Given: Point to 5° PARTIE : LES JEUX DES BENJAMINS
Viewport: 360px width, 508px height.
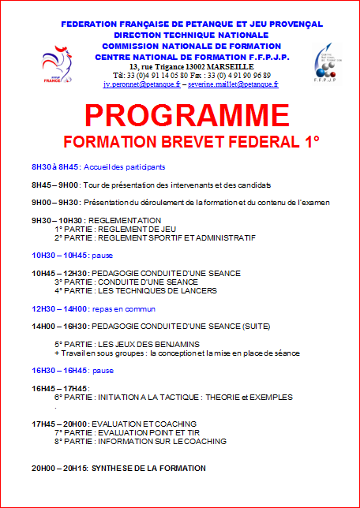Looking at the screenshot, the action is point(126,344).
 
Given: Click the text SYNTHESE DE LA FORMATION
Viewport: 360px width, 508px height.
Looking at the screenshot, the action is point(148,468).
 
